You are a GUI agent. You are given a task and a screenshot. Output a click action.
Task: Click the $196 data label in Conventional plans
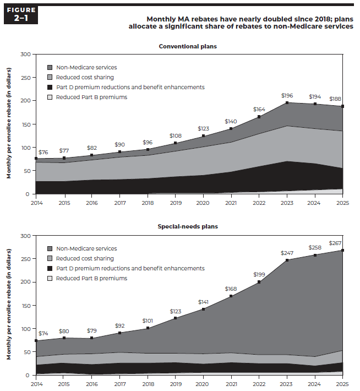click(287, 95)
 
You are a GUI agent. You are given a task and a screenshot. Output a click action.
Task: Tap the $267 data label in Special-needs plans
click(335, 243)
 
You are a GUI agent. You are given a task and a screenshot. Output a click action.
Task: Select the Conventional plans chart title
click(188, 46)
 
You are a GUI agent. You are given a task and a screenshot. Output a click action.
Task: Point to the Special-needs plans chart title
click(188, 226)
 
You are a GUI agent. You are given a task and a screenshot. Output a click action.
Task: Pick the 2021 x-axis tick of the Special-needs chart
click(232, 383)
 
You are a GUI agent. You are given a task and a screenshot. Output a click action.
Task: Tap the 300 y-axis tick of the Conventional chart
click(25, 54)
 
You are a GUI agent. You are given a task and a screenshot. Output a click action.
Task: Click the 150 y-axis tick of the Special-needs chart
click(25, 306)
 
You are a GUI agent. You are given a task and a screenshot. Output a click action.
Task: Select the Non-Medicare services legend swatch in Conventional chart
click(50, 68)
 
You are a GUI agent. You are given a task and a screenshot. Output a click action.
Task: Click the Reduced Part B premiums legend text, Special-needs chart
click(91, 278)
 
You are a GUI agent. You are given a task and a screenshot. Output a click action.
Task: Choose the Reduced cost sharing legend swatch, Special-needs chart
click(50, 259)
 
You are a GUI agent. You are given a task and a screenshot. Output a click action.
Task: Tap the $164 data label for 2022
click(259, 109)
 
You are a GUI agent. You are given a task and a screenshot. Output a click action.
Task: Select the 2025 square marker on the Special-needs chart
click(343, 251)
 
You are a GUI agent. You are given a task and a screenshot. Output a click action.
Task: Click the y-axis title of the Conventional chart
click(9, 124)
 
